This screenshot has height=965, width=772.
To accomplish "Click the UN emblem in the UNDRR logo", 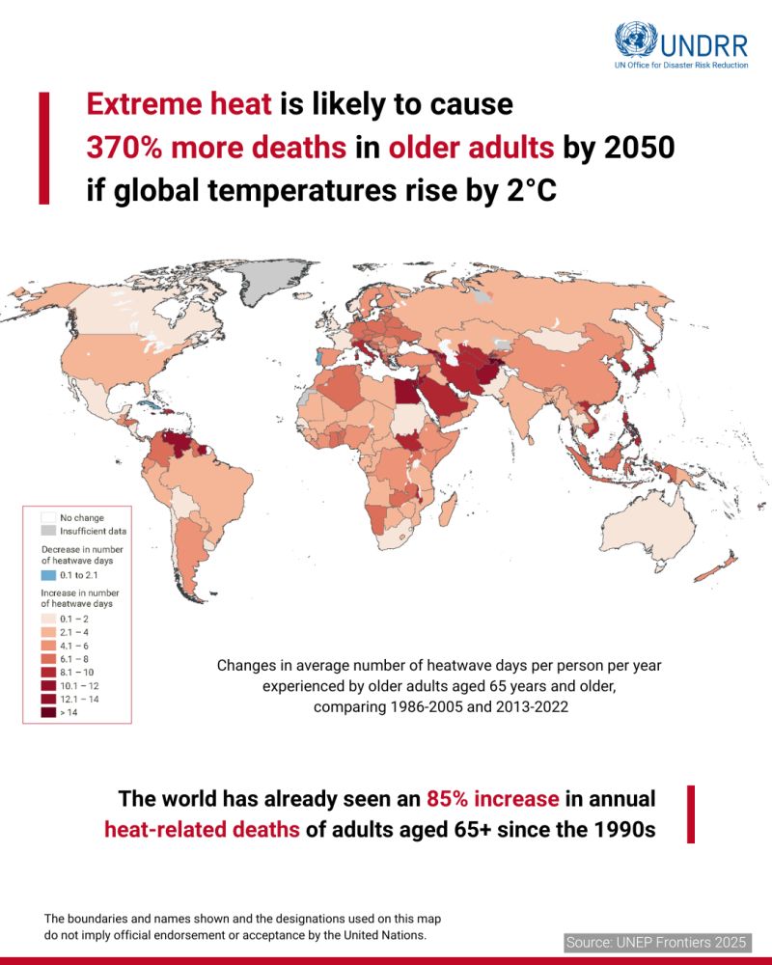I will coord(635,41).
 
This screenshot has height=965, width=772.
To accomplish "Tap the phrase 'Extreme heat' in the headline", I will coord(179,104).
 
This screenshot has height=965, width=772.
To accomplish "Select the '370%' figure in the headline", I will coord(125,148).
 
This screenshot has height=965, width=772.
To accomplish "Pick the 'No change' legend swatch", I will coord(46,518).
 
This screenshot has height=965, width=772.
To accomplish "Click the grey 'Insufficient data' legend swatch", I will coord(46,531).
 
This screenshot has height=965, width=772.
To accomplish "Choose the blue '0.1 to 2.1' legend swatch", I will coord(46,575).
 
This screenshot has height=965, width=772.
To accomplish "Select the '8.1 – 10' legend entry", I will coord(68,671).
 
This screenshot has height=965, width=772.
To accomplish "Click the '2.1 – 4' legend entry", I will coord(68,630).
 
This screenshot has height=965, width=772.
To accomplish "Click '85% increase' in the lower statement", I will coord(492,800).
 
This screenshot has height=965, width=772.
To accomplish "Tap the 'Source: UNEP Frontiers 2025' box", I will coord(655,941).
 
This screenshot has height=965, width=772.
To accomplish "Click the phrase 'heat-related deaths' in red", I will coord(202,831).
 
